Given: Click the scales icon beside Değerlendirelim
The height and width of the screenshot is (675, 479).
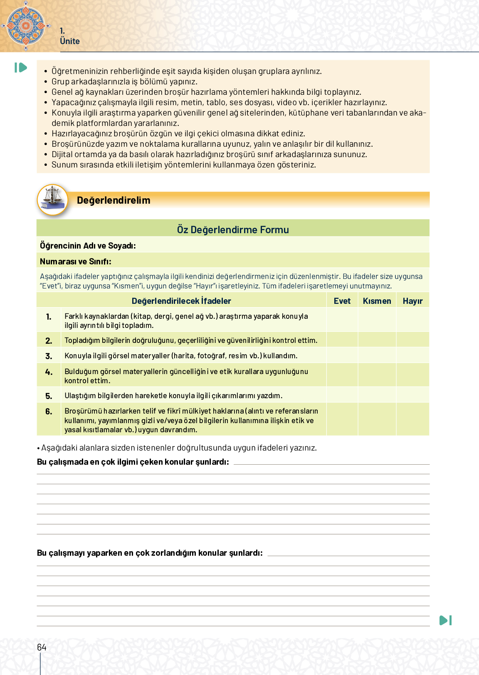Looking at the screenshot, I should (x=52, y=200).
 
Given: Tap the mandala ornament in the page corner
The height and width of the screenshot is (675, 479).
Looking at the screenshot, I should (x=26, y=25).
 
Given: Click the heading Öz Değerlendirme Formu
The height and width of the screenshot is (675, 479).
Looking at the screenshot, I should (x=233, y=229).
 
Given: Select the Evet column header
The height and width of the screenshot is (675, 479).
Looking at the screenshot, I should (x=342, y=301).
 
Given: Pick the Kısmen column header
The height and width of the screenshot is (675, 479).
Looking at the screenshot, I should (x=377, y=301).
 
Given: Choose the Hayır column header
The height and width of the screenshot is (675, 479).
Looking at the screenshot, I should (x=412, y=301).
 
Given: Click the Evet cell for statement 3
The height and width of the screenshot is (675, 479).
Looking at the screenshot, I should (x=342, y=355).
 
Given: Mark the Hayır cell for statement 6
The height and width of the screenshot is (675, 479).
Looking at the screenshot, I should (x=412, y=419).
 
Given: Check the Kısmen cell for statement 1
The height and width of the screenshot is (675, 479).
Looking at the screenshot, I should (x=377, y=320).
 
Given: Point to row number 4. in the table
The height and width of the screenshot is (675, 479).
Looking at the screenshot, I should (x=49, y=372).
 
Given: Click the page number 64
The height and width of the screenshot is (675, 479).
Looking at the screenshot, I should (x=42, y=647).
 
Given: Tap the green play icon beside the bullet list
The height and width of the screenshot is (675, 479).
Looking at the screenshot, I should (x=20, y=67).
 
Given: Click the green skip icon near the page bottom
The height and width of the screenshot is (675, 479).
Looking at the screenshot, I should (x=445, y=620).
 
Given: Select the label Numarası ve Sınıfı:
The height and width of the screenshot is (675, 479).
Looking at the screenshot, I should (x=76, y=261).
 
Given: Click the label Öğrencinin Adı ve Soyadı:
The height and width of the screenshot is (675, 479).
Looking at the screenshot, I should (x=88, y=246).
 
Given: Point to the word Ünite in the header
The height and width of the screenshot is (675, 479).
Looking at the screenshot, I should (x=69, y=41).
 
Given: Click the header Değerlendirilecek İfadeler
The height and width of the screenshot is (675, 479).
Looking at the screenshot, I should (x=181, y=301).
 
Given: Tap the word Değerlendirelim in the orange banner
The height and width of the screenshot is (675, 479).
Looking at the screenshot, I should (x=114, y=200).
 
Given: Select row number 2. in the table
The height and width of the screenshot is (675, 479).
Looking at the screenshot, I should (x=49, y=341).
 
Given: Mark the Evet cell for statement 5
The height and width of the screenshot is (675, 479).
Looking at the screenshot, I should (x=342, y=395).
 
